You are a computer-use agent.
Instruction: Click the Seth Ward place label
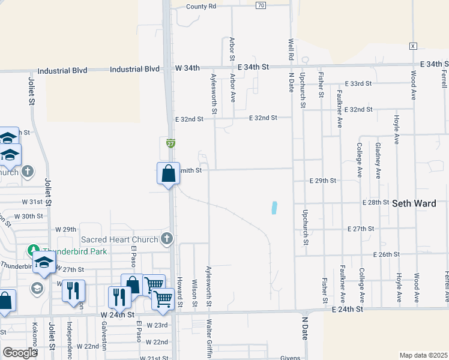coord(414,203)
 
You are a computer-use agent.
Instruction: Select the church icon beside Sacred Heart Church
coord(167,239)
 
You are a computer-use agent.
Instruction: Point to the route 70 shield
coord(260,5)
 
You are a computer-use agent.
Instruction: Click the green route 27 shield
coord(171,143)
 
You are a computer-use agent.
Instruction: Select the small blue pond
coord(274,208)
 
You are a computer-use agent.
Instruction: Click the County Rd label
coord(200,6)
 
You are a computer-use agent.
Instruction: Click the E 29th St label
coord(322,180)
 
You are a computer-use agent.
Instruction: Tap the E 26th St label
coord(386,254)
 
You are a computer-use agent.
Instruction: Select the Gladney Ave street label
coord(378,161)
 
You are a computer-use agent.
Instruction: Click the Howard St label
coord(179,292)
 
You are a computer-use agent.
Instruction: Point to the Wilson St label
coord(194,292)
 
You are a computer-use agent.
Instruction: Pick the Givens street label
coord(289,358)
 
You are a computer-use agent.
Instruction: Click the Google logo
coord(20,353)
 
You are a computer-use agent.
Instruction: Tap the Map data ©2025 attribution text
coord(423,355)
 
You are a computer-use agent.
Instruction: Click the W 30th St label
coord(28,216)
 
